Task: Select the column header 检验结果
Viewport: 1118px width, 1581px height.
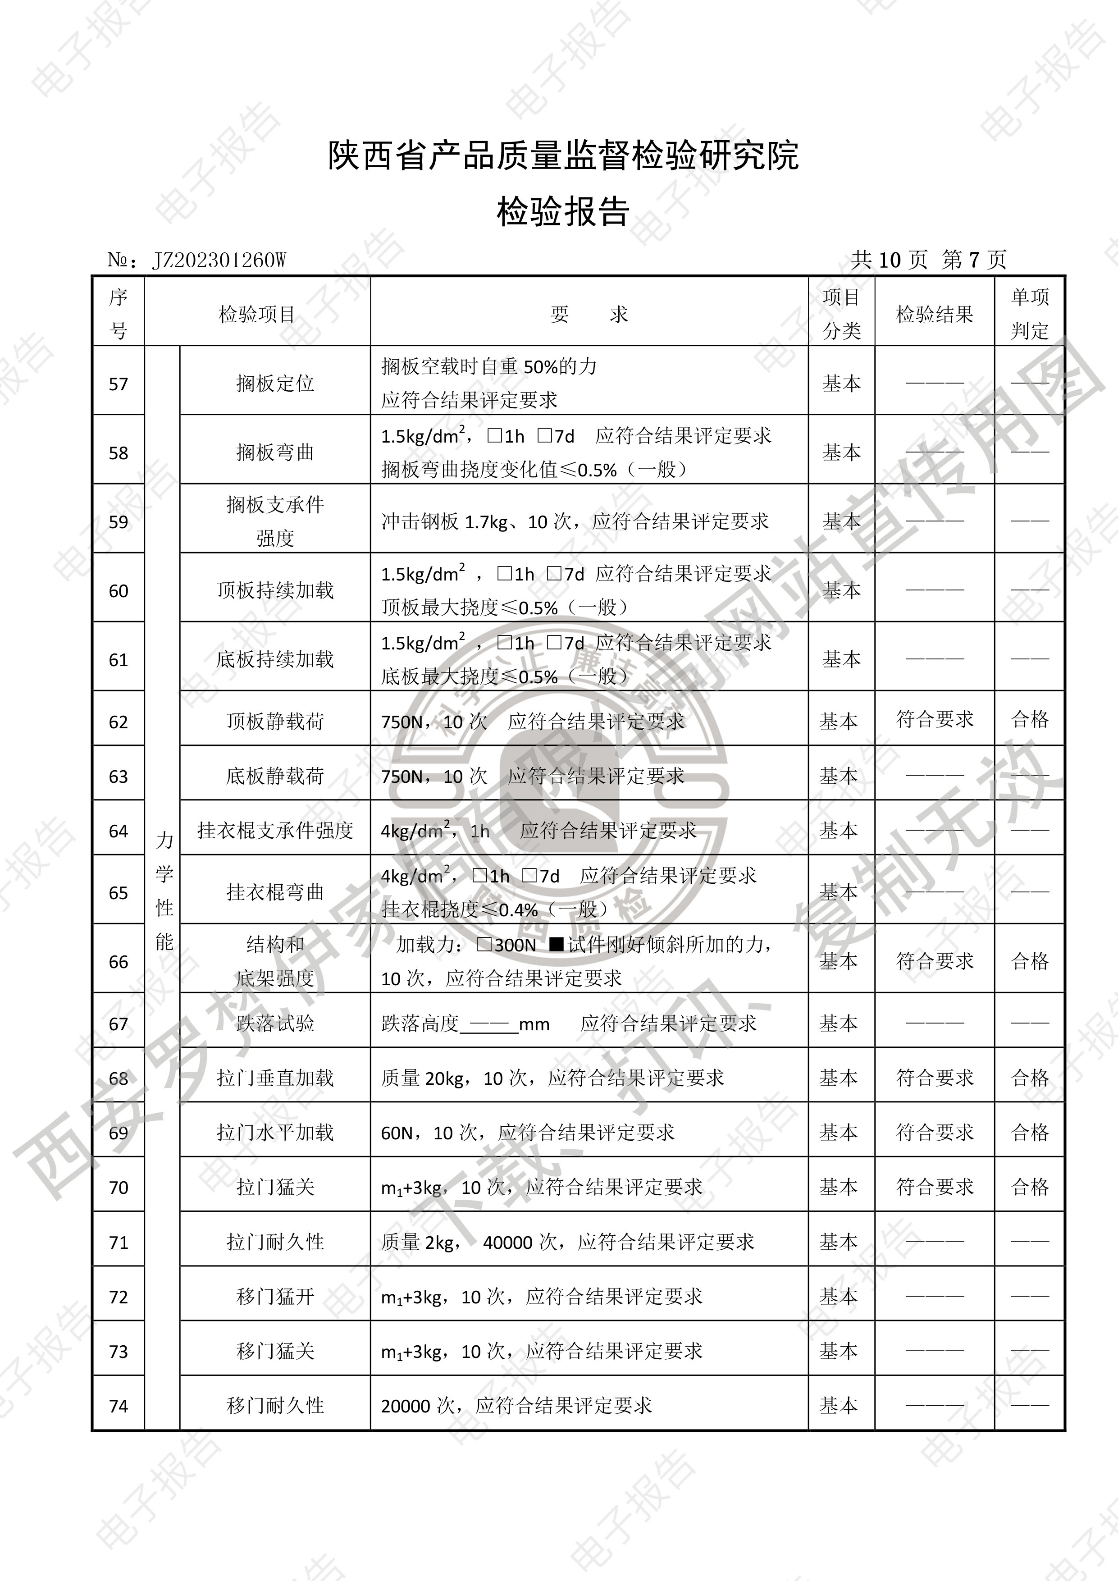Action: tap(934, 315)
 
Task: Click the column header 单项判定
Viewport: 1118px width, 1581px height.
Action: tap(1029, 314)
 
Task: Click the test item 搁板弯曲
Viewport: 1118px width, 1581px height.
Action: tap(275, 452)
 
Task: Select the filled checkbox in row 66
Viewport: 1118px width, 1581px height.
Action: tap(556, 945)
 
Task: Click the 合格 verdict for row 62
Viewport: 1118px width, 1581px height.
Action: tap(1029, 720)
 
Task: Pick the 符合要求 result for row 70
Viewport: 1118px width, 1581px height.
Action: tap(934, 1187)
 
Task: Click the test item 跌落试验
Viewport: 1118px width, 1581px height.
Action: tap(275, 1023)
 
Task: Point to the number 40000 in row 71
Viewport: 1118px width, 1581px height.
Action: tap(508, 1242)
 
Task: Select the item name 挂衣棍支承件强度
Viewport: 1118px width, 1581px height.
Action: tap(275, 831)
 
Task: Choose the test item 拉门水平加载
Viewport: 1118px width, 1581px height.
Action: tap(275, 1132)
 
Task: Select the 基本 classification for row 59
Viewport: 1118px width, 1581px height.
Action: tap(841, 521)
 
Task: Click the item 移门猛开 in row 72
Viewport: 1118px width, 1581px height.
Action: tap(275, 1297)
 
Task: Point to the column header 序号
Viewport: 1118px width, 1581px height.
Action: tap(119, 314)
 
